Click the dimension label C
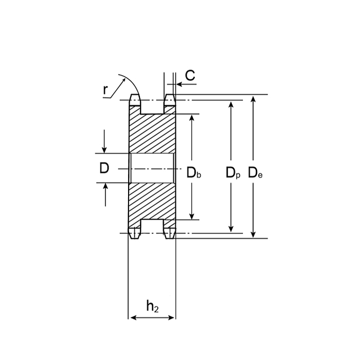(x=190, y=75)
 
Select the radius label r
(x=105, y=90)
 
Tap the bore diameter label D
(x=104, y=168)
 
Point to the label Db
(x=194, y=173)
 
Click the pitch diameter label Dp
(x=233, y=173)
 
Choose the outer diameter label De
(x=255, y=173)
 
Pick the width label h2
(x=152, y=307)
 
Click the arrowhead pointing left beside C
(x=179, y=84)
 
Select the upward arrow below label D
(x=105, y=194)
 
